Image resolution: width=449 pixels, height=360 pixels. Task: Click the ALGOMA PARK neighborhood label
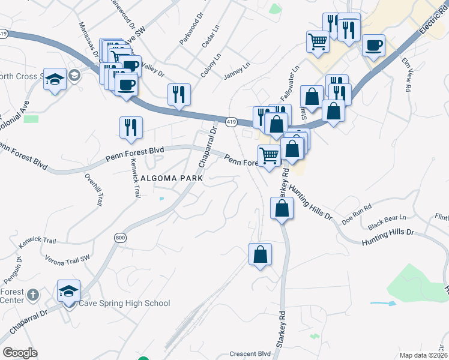click(172, 178)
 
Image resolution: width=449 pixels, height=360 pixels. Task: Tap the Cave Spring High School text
click(125, 304)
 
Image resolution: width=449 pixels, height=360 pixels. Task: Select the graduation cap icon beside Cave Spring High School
click(69, 291)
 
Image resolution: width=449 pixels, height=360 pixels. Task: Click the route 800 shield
click(120, 238)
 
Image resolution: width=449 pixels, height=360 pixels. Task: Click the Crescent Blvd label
click(251, 354)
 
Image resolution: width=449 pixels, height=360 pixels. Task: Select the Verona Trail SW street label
click(67, 258)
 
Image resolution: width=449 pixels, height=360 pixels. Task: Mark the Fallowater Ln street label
click(289, 83)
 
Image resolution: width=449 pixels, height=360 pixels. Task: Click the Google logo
click(20, 353)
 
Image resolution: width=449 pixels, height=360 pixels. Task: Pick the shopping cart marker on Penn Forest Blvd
click(270, 156)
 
